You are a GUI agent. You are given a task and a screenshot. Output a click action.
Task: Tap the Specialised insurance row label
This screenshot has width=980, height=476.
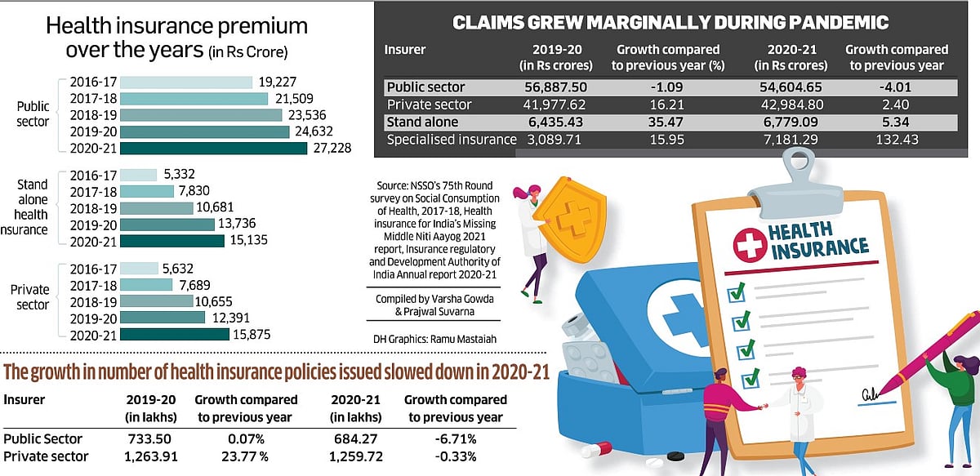[451, 139]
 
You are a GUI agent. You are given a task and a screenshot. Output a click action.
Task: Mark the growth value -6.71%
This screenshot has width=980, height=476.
[455, 438]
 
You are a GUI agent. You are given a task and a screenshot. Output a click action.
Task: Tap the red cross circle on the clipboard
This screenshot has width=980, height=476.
[747, 245]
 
